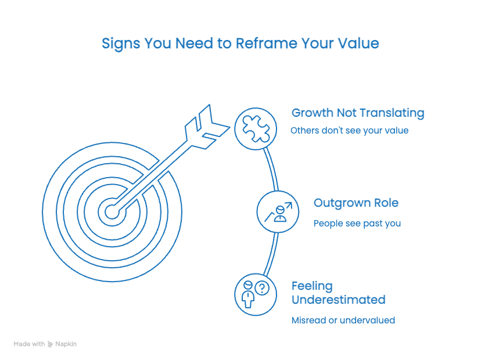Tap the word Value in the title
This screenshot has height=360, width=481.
tap(358, 44)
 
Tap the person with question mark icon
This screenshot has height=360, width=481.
tap(254, 294)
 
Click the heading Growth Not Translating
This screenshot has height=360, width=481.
tap(357, 113)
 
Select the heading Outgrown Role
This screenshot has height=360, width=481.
tap(356, 203)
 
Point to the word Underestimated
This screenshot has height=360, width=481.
tap(338, 300)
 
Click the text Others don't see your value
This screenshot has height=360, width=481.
tap(350, 131)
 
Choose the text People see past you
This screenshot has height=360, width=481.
tap(357, 223)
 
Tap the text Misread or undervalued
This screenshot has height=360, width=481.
tap(343, 320)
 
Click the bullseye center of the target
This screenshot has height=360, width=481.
tap(112, 211)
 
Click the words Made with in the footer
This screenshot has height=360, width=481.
tap(29, 344)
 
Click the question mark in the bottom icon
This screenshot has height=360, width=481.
tap(262, 288)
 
